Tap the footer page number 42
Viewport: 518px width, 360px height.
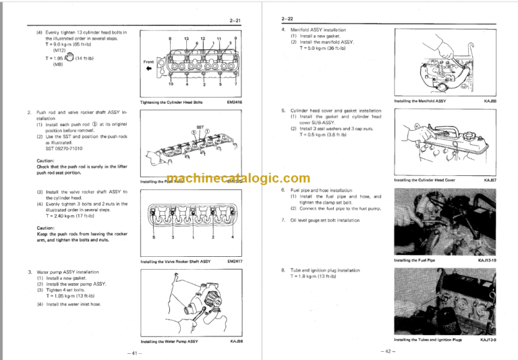386,351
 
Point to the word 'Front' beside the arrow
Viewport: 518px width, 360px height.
150,62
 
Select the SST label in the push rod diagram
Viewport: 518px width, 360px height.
200,126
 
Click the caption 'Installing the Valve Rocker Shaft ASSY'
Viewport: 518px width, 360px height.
175,260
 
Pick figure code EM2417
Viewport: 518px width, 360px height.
236,260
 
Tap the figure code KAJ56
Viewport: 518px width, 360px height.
237,341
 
